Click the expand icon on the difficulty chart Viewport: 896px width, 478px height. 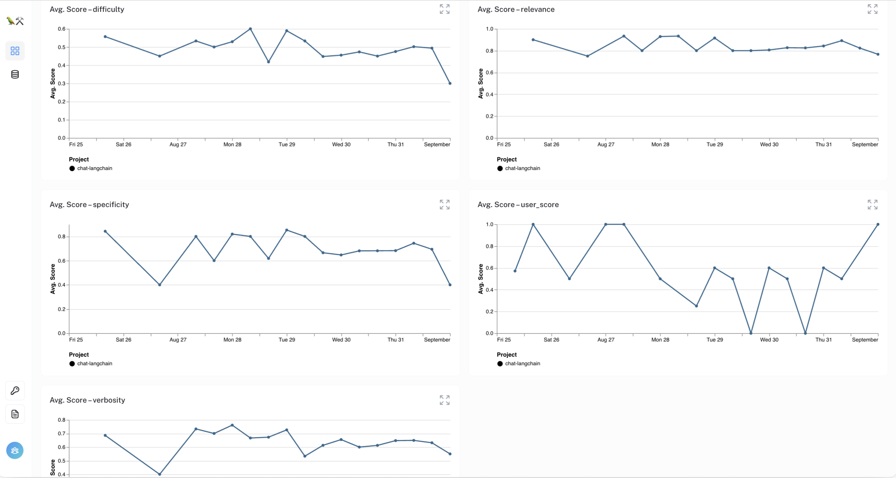click(x=444, y=9)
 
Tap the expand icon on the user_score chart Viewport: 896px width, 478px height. click(x=872, y=204)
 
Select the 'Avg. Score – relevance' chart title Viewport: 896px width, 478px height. click(x=516, y=9)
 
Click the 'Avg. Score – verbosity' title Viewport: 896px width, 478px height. click(x=87, y=400)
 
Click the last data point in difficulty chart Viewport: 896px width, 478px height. click(x=450, y=83)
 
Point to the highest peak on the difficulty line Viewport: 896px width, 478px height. click(x=250, y=29)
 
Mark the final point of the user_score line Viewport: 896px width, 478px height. click(x=878, y=225)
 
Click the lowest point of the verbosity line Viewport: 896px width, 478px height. click(x=160, y=474)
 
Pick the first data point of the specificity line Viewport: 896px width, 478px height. click(x=105, y=231)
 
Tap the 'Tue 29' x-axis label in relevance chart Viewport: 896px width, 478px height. click(x=714, y=145)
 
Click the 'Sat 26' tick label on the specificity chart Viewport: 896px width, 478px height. click(x=123, y=340)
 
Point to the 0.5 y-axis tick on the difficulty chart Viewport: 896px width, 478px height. click(x=62, y=47)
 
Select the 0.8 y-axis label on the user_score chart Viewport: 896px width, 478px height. click(x=490, y=246)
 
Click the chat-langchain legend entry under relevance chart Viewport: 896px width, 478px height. click(x=522, y=168)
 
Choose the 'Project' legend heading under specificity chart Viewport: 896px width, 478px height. click(x=79, y=355)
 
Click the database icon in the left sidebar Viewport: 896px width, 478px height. click(x=15, y=74)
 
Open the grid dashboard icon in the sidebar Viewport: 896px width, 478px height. click(x=15, y=51)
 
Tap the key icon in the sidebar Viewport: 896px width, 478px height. click(x=15, y=391)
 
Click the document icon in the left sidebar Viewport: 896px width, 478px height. click(x=15, y=414)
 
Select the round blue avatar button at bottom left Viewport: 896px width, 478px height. click(x=15, y=450)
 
